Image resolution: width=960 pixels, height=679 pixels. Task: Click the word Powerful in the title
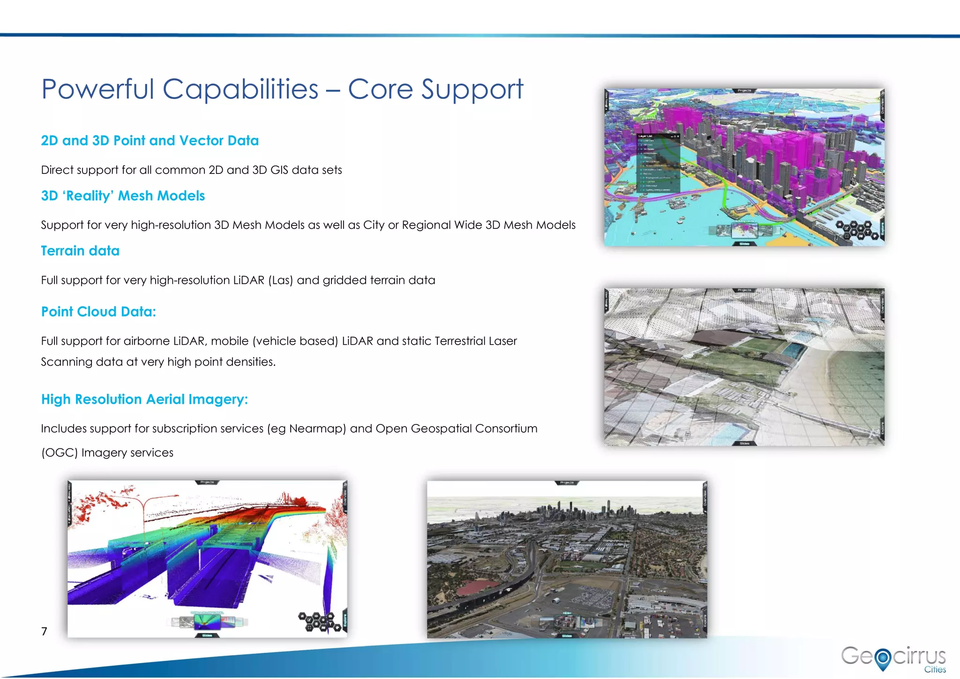coord(97,89)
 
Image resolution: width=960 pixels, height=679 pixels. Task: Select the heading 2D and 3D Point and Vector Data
coord(150,141)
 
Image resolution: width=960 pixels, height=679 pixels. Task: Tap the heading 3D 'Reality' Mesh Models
coord(123,196)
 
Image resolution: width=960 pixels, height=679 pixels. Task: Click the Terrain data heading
coord(80,251)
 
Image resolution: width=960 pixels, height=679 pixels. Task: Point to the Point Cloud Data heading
coord(98,312)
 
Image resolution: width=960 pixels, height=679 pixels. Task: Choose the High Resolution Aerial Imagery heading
coord(144,400)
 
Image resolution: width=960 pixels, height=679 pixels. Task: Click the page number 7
coord(44,631)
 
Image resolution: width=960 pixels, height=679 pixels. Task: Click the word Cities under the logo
coord(935,670)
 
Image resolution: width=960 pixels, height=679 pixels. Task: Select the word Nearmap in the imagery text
coord(315,429)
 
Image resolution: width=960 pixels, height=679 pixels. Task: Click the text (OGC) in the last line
coord(59,453)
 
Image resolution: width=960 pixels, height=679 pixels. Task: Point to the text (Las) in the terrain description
coord(280,280)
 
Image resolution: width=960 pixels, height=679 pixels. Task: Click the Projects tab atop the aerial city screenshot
coord(567,483)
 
